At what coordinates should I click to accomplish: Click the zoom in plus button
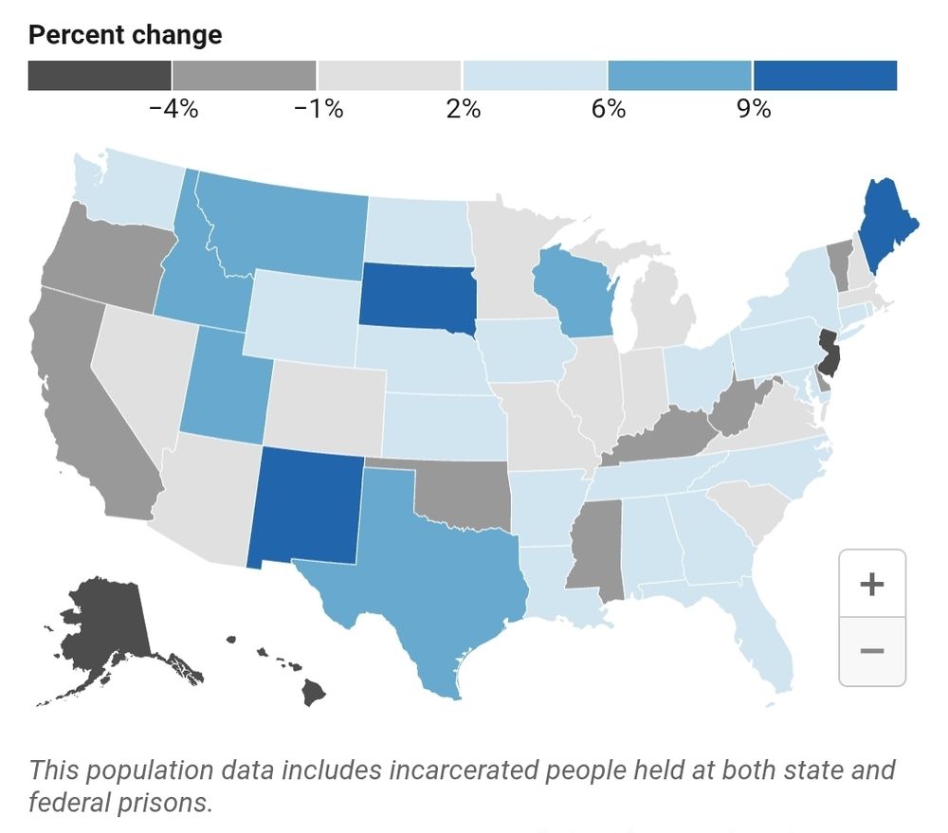click(x=871, y=584)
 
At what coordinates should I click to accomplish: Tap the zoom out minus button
click(x=871, y=651)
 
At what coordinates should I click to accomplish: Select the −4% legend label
click(x=173, y=109)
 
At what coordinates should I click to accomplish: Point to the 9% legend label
click(x=754, y=109)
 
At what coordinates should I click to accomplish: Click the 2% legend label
click(x=463, y=109)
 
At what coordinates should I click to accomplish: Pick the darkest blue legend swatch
click(x=825, y=76)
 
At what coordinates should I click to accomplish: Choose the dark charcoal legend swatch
click(x=100, y=76)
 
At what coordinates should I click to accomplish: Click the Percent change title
click(x=125, y=36)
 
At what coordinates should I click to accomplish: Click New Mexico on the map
click(x=305, y=507)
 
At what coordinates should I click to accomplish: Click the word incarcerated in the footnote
click(x=467, y=770)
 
